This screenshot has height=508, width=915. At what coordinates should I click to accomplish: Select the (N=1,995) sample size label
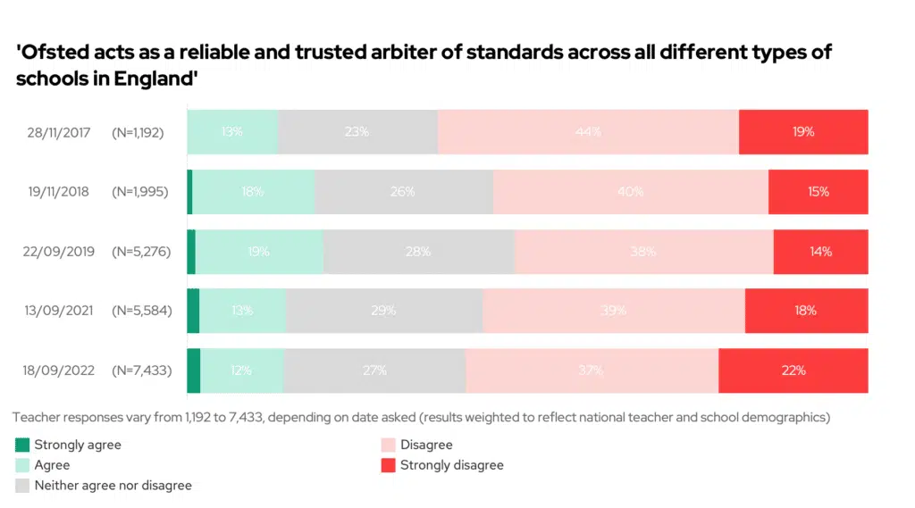tap(143, 192)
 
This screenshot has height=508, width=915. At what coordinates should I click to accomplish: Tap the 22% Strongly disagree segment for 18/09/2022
tap(793, 371)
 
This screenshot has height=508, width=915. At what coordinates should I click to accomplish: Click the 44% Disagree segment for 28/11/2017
tap(588, 132)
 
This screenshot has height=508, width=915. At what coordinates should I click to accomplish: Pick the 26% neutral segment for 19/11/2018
tap(404, 192)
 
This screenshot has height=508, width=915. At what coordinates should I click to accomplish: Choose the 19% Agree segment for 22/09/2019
tap(259, 252)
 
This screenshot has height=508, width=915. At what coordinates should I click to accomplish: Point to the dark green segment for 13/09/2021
tap(193, 311)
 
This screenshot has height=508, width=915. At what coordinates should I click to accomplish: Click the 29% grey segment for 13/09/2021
tap(384, 311)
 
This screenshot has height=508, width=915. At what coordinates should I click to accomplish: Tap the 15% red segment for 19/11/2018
tap(818, 192)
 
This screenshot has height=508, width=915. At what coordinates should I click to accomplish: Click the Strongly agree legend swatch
tap(23, 445)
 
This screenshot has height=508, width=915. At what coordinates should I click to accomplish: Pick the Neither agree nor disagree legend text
tap(113, 486)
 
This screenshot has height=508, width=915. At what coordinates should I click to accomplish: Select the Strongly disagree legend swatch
tap(388, 465)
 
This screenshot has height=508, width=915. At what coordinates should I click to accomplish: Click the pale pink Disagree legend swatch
tap(388, 445)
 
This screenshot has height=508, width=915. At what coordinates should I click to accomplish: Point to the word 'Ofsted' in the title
tap(52, 53)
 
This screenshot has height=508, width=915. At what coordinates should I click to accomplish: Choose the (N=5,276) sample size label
tap(143, 252)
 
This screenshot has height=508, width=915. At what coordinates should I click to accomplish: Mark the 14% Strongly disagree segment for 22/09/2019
tap(820, 252)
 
